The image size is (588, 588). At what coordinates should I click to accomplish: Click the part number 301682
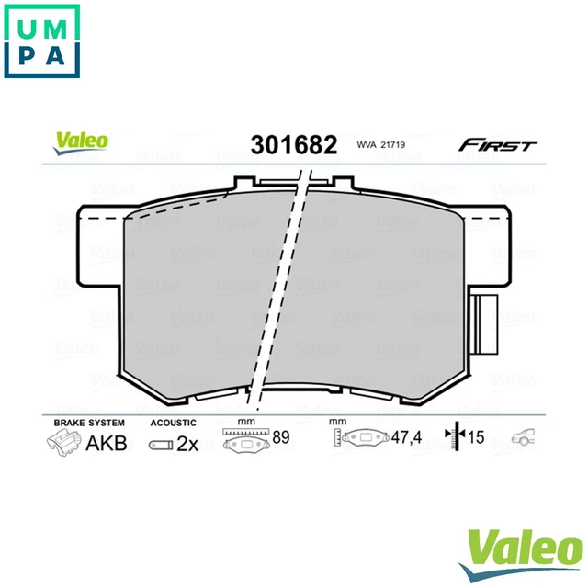(x=288, y=144)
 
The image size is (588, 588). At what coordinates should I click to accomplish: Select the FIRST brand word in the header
(x=498, y=145)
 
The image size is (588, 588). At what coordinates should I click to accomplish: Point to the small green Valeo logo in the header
(x=80, y=141)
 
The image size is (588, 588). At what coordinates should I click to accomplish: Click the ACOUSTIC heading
(x=173, y=422)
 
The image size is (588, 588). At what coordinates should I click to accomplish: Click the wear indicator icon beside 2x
(x=159, y=444)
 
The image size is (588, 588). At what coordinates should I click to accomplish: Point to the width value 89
(x=280, y=437)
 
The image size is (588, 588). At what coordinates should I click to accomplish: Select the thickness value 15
(x=475, y=436)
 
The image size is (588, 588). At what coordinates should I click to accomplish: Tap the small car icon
(x=523, y=437)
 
